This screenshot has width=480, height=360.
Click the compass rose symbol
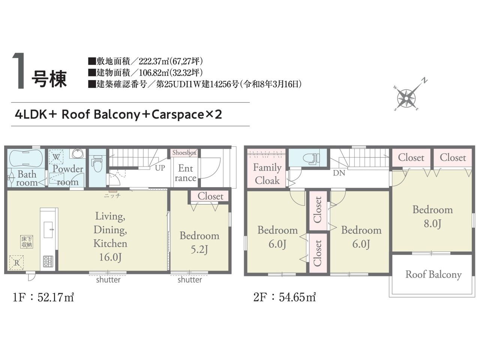pos(406,98)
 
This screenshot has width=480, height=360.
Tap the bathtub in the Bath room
pos(26,158)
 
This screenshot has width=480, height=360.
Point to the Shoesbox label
pos(184,153)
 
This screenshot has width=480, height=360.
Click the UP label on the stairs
pos(160,168)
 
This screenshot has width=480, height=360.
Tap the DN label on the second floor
pos(339,173)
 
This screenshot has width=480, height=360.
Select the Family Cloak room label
pos(267,174)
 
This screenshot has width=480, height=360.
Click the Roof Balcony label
pos(433,275)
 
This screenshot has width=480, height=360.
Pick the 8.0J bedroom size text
pos(432,224)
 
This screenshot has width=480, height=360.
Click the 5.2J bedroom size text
pos(199,249)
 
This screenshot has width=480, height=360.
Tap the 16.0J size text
pos(110,257)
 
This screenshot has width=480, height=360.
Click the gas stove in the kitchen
pos(48,261)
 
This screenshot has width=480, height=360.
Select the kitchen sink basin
pos(48,230)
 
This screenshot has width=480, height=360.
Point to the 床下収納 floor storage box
pos(27,242)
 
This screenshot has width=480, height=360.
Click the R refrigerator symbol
pos(16,262)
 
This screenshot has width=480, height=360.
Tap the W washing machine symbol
pos(56,157)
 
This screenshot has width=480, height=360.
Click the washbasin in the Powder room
pos(77,153)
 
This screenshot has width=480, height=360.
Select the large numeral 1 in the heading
pos(19,70)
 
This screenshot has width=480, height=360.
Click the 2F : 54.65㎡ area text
pos(285,297)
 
